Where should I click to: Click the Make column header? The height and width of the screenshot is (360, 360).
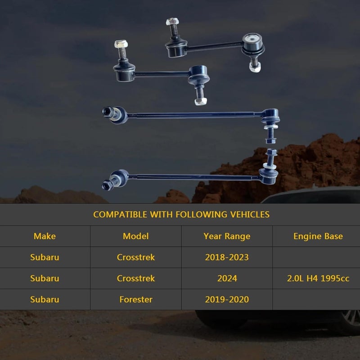(45, 236)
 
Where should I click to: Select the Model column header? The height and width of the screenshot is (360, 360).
(136, 236)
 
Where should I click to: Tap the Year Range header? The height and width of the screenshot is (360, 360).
(227, 236)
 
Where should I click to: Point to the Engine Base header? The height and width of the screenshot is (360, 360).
(318, 236)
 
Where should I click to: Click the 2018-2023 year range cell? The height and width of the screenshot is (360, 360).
(227, 257)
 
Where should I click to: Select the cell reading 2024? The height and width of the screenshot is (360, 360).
(227, 278)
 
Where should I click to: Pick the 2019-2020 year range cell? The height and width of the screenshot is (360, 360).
(227, 299)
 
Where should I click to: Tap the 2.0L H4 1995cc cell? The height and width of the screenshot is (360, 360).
(318, 278)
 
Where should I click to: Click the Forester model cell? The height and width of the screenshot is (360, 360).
(136, 299)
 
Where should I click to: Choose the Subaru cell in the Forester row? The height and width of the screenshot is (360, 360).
(45, 299)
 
